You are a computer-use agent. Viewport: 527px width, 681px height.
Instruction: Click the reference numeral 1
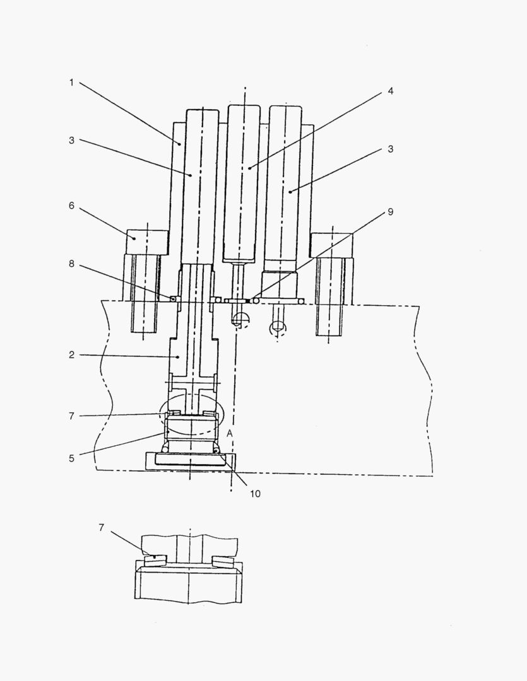point(71,83)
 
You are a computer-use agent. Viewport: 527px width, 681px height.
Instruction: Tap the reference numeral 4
point(391,91)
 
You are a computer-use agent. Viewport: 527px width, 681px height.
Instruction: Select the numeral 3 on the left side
point(71,141)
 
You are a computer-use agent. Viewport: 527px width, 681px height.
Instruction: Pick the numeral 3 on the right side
point(391,149)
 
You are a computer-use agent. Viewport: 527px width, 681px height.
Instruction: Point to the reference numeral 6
point(71,206)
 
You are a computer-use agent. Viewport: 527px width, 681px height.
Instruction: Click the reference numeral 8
point(71,264)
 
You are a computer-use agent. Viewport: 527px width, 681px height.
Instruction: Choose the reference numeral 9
point(391,212)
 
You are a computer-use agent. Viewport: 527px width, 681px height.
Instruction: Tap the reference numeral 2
point(71,355)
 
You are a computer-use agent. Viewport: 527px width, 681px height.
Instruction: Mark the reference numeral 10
point(255,494)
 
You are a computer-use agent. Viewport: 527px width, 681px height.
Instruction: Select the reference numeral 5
point(71,458)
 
